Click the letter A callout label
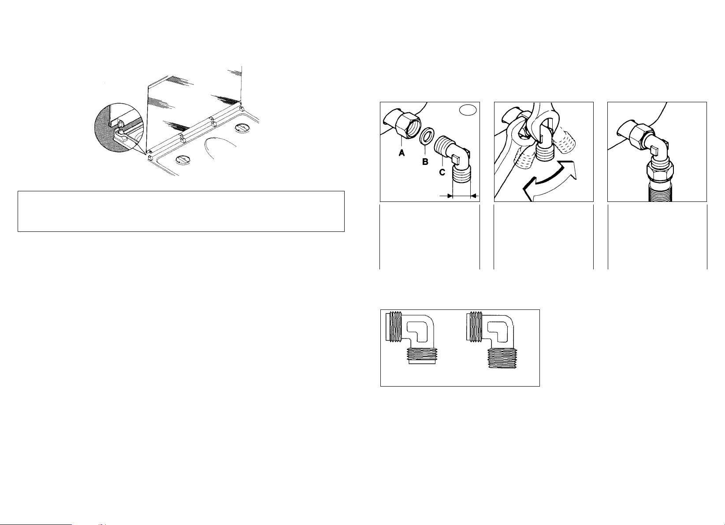point(402,153)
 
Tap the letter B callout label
point(425,162)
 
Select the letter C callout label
point(442,172)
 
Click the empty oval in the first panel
point(468,110)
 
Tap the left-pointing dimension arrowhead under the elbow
point(449,196)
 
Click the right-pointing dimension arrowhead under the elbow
point(474,196)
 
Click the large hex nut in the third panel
point(660,171)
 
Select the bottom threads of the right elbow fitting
point(505,359)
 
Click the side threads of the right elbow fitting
point(474,327)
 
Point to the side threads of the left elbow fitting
point(394,327)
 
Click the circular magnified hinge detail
point(119,128)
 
